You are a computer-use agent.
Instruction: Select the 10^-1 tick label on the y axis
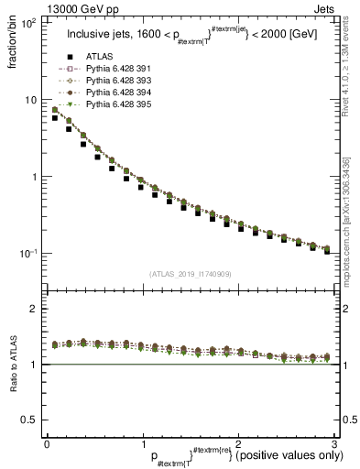point(27,254)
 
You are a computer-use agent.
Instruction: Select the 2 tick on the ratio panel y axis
point(34,309)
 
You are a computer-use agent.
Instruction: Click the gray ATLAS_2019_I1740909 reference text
point(189,274)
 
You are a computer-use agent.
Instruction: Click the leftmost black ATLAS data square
point(55,118)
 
